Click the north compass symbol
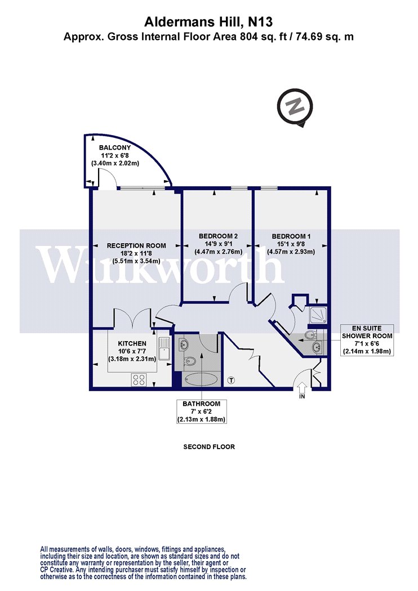pyautogui.click(x=295, y=108)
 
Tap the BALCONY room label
pyautogui.click(x=115, y=147)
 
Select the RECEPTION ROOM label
pyautogui.click(x=136, y=245)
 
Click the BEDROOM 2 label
pyautogui.click(x=218, y=236)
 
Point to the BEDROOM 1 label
pyautogui.click(x=291, y=236)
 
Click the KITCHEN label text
pyautogui.click(x=132, y=343)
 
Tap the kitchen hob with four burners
pyautogui.click(x=139, y=379)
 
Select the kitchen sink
pyautogui.click(x=165, y=348)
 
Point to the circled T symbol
pyautogui.click(x=232, y=380)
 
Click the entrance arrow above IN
pyautogui.click(x=303, y=387)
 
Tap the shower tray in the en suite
pyautogui.click(x=318, y=315)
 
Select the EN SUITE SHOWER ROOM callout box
pyautogui.click(x=367, y=340)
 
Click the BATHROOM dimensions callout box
pyautogui.click(x=202, y=411)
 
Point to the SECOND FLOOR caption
pyautogui.click(x=209, y=447)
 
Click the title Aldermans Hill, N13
pyautogui.click(x=208, y=22)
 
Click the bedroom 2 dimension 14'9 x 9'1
pyautogui.click(x=219, y=244)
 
